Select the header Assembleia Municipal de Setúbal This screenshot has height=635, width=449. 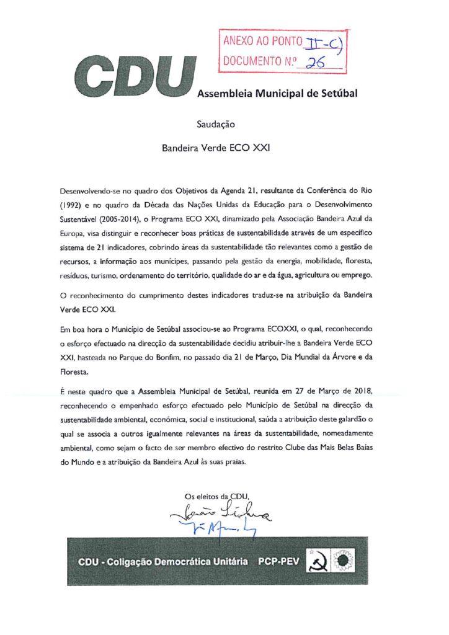pos(277,94)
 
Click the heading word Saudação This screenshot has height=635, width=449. pos(215,124)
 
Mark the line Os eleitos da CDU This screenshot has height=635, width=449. pos(216,495)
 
